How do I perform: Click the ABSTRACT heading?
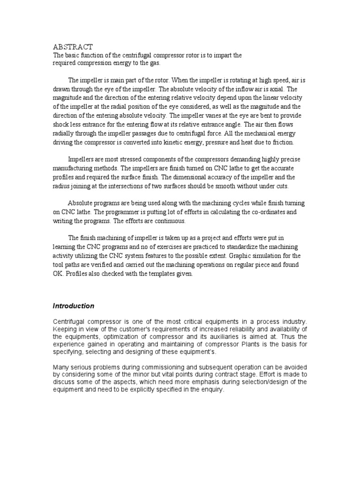pos(73,47)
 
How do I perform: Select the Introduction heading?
pos(73,306)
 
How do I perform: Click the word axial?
pos(273,89)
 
